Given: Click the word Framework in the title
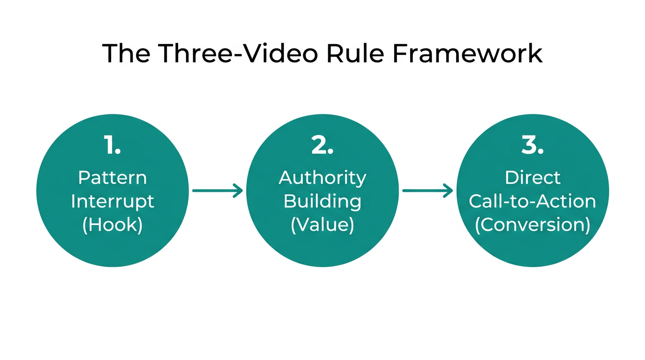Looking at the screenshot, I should [x=467, y=53].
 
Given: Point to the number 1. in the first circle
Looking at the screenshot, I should [x=112, y=146].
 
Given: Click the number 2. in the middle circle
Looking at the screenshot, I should [x=322, y=146].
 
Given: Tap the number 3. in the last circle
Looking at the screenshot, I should [x=532, y=146].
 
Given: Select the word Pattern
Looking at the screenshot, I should [x=112, y=178].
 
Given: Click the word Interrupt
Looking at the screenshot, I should [x=112, y=202].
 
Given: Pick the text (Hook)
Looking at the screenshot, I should [x=112, y=225].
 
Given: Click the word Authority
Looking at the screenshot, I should [x=322, y=178].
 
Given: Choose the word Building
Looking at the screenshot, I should [x=322, y=202].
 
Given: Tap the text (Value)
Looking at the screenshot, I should [x=322, y=225].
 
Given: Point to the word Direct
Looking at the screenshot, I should [x=532, y=178].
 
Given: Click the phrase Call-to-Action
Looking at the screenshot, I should [x=532, y=202].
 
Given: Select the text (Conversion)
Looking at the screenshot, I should [x=532, y=225].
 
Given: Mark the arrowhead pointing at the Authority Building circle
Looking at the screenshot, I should [x=239, y=190].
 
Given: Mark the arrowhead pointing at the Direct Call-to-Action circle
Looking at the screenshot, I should [x=449, y=190].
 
